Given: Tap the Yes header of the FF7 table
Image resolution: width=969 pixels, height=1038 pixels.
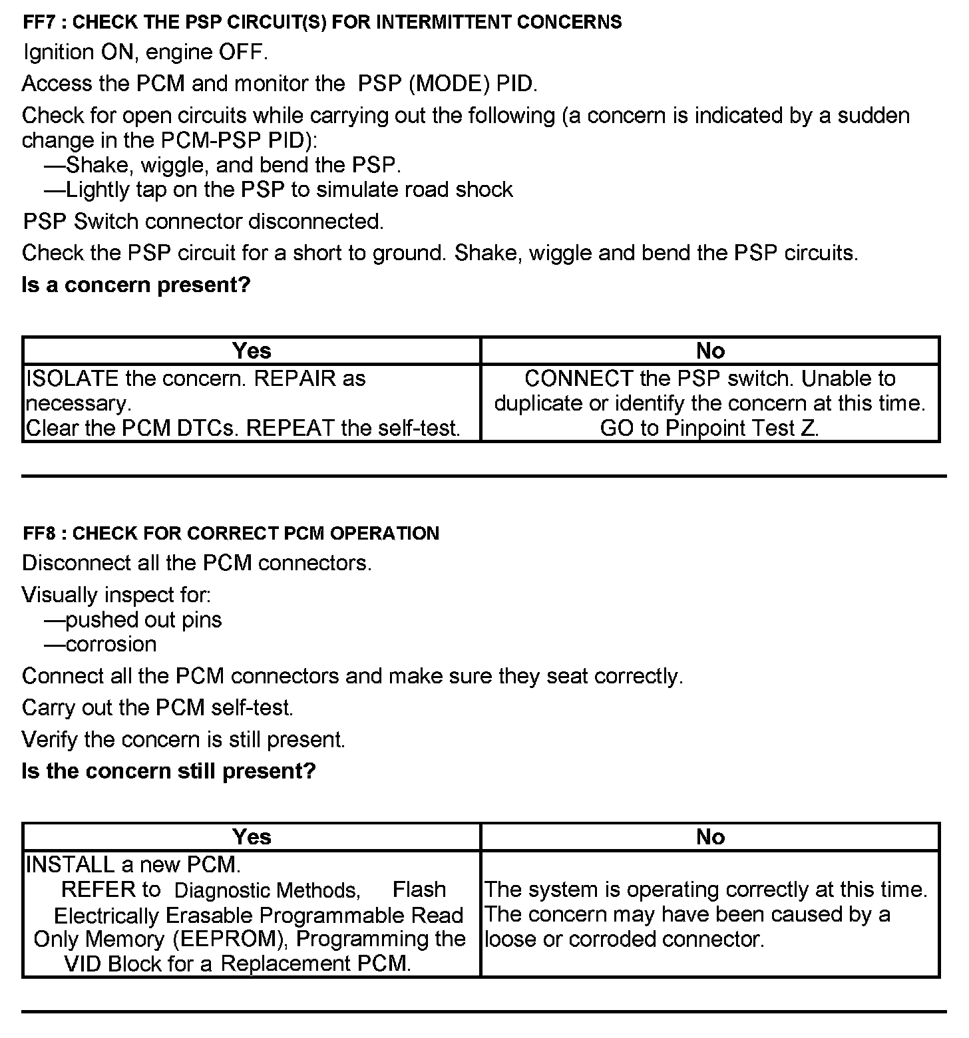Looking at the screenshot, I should point(252,351).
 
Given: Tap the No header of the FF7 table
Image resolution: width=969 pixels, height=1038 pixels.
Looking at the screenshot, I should point(710,351).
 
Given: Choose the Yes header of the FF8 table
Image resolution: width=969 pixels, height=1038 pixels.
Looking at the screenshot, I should point(252,837).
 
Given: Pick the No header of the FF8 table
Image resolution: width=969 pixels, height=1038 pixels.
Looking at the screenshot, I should point(710,837).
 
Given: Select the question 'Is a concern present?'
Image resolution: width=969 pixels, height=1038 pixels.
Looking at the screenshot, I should point(136,285).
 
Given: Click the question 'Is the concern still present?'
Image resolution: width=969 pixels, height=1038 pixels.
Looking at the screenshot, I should point(168,771).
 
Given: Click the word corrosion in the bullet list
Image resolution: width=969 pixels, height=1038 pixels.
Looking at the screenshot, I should point(111,645).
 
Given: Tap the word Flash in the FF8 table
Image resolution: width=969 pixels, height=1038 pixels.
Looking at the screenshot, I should point(419,890).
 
